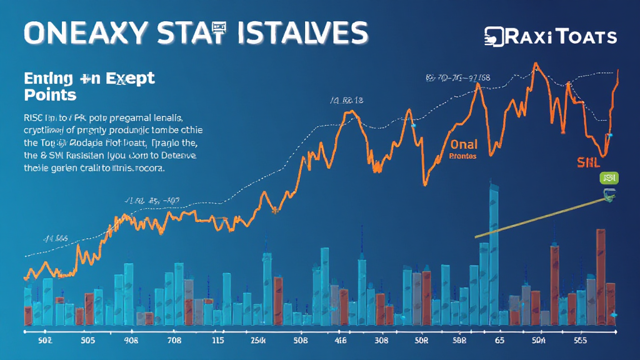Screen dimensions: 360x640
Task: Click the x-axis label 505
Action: (x=87, y=341)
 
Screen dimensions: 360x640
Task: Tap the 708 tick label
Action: (x=173, y=341)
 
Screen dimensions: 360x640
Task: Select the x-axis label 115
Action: (x=217, y=341)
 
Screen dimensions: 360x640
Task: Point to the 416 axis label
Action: (x=341, y=341)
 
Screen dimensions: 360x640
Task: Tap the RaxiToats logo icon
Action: (x=495, y=37)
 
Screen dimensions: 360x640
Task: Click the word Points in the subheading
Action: (x=50, y=95)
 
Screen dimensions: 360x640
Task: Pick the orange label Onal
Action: (x=463, y=144)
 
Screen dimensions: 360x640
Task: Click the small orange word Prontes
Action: (x=463, y=156)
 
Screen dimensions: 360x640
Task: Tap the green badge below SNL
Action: (x=609, y=178)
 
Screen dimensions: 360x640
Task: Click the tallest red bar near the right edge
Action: (x=601, y=275)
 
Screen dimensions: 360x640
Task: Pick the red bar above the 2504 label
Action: (x=278, y=300)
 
